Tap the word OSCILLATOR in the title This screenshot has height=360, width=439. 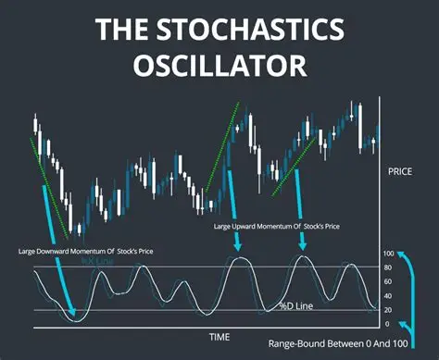tap(219, 68)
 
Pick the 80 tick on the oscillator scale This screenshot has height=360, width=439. tap(389, 267)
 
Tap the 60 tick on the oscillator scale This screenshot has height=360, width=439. tap(389, 281)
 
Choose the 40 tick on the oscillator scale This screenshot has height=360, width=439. tap(389, 295)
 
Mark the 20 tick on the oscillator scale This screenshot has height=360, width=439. tap(389, 309)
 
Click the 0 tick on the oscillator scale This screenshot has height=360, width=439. tap(389, 323)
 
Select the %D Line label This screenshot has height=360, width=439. tap(298, 306)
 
